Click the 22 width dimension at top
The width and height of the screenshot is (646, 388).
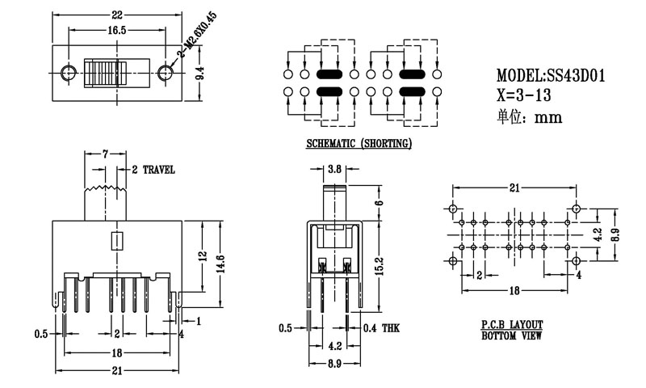coord(117,15)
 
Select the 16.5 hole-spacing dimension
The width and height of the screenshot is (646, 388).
coord(117,30)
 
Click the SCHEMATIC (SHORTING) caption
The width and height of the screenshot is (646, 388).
coord(359,144)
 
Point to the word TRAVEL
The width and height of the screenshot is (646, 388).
coord(158,170)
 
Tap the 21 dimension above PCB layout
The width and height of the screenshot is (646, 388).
coord(513,188)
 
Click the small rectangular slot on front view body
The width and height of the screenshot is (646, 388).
coord(115,241)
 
